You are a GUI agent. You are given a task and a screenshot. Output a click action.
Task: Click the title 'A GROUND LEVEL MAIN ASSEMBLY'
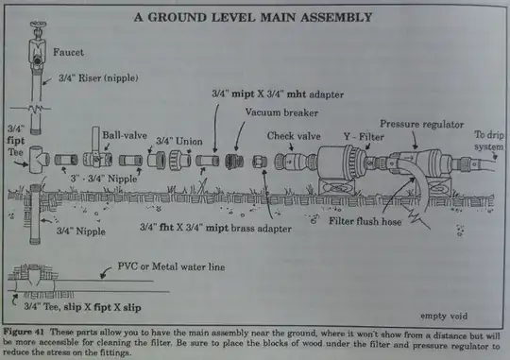coord(252,17)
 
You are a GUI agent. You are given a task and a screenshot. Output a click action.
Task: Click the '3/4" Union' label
coord(177,139)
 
